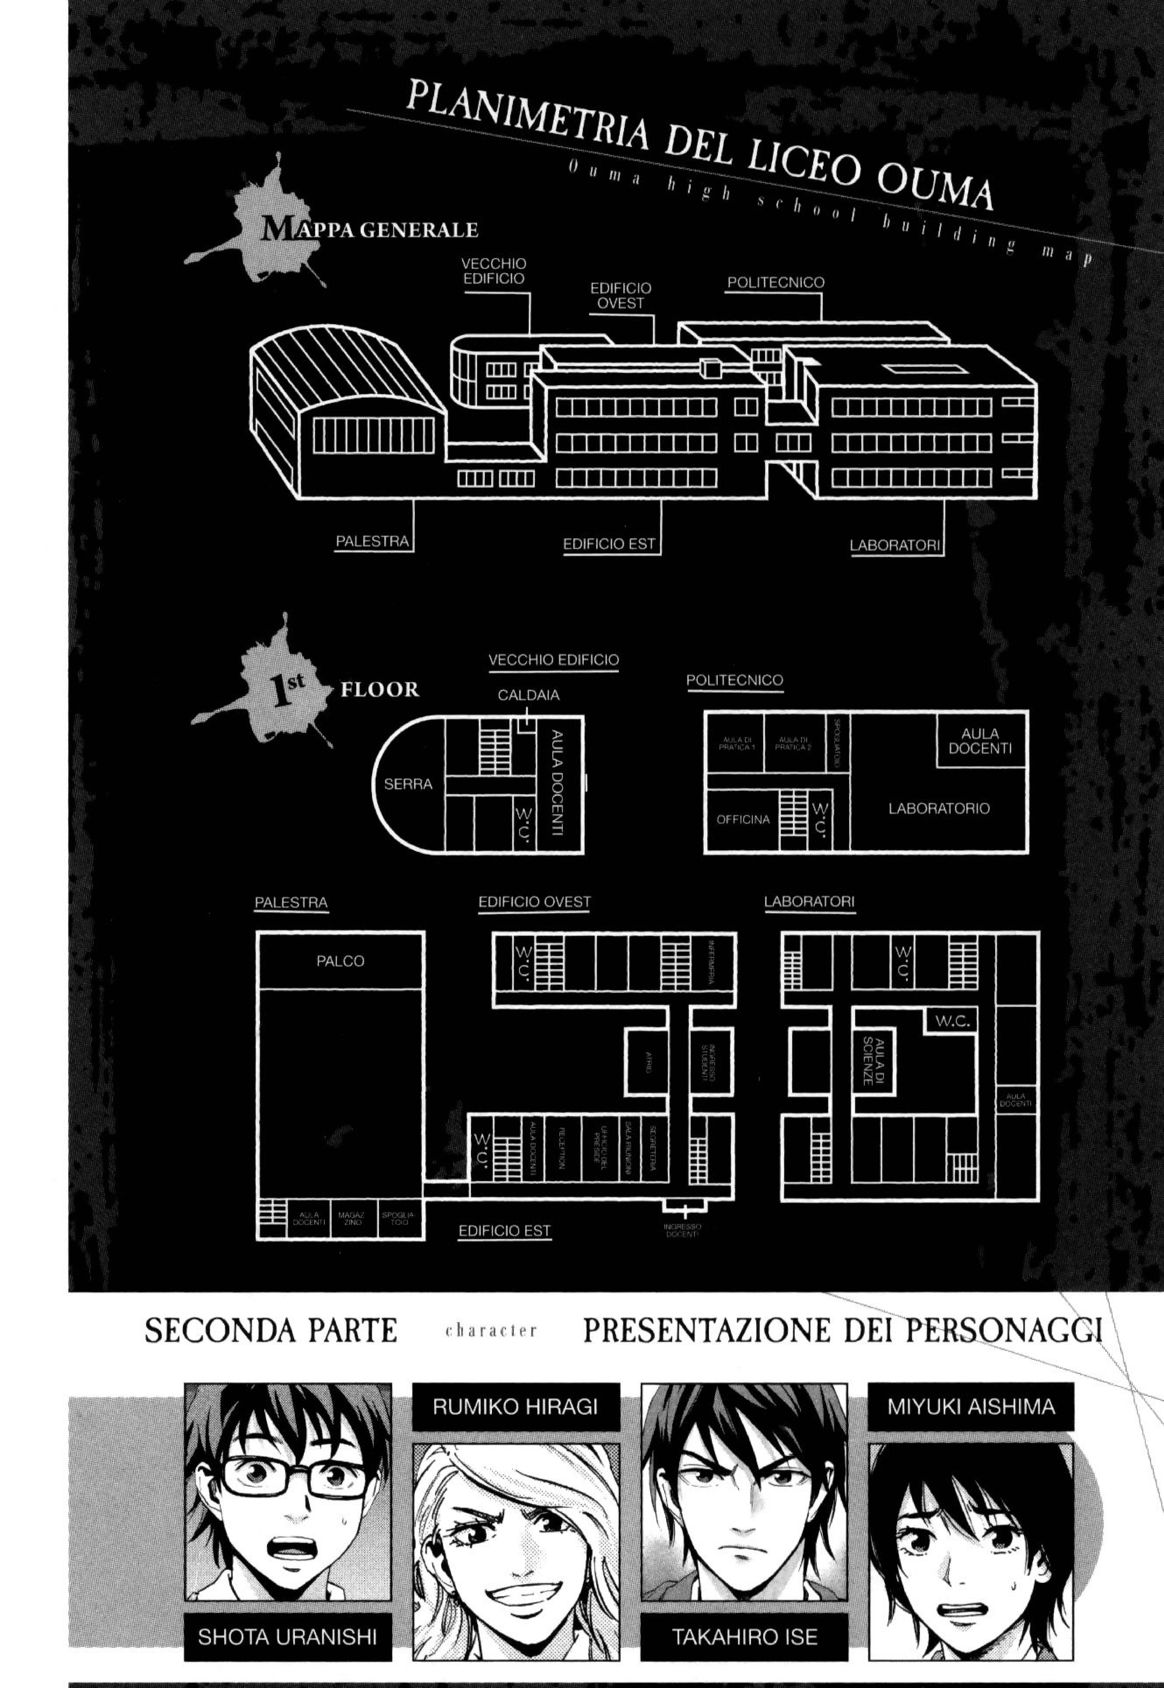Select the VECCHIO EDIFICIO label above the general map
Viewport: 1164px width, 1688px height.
tap(494, 271)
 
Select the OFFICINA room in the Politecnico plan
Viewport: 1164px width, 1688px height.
tap(742, 819)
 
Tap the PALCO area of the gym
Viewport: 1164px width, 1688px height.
tap(340, 961)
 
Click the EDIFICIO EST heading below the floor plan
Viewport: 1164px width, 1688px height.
tap(504, 1231)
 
